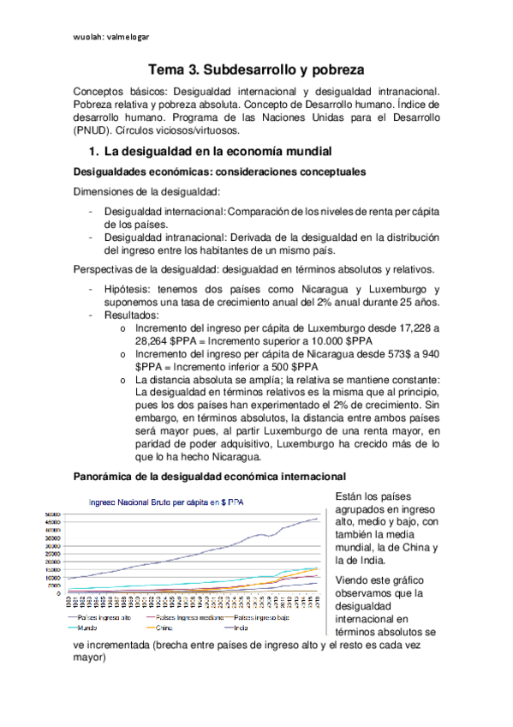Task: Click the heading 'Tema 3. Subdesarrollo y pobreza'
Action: point(256,69)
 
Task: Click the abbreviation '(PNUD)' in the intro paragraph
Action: point(92,131)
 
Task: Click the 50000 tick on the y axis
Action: point(52,514)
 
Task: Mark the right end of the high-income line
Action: point(318,518)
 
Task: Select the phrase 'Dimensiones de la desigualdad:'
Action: point(134,191)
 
